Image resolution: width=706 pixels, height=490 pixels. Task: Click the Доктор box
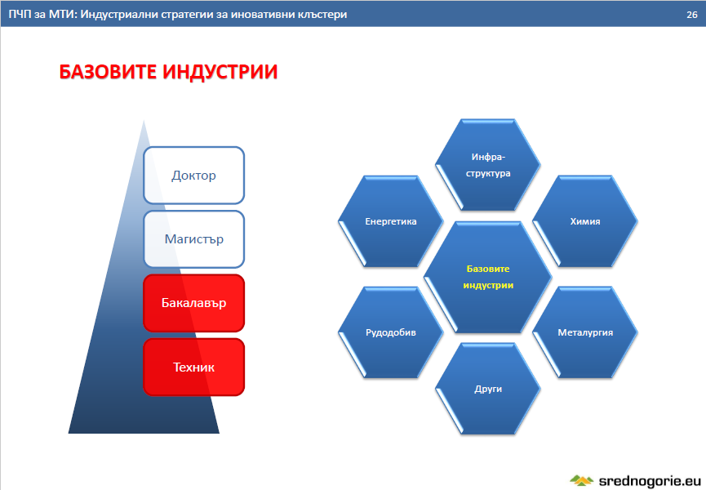tap(193, 176)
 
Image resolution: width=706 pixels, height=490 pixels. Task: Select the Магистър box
tap(193, 239)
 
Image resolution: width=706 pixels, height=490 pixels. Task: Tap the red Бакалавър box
tap(193, 303)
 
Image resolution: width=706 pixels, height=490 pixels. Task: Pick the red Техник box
tap(193, 367)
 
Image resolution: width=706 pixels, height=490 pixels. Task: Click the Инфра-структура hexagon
tap(488, 165)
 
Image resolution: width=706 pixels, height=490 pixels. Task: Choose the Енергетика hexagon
tap(391, 221)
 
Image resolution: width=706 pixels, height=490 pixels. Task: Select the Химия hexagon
tap(585, 221)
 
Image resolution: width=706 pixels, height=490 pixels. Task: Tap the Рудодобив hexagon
tap(391, 332)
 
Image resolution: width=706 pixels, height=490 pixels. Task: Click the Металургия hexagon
tap(585, 332)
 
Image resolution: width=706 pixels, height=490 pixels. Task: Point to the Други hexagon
tap(488, 389)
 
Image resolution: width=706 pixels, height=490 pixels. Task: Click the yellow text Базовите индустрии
tap(488, 277)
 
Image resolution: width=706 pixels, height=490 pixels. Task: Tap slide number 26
tap(692, 15)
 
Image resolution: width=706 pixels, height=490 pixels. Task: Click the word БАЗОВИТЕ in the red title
tap(109, 72)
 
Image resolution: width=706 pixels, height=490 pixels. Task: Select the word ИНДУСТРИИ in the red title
tap(220, 72)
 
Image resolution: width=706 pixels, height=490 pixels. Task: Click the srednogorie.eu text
tap(650, 481)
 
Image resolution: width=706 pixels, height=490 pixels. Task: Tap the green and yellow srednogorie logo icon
tap(582, 480)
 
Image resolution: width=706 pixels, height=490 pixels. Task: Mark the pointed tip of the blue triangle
tap(144, 120)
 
